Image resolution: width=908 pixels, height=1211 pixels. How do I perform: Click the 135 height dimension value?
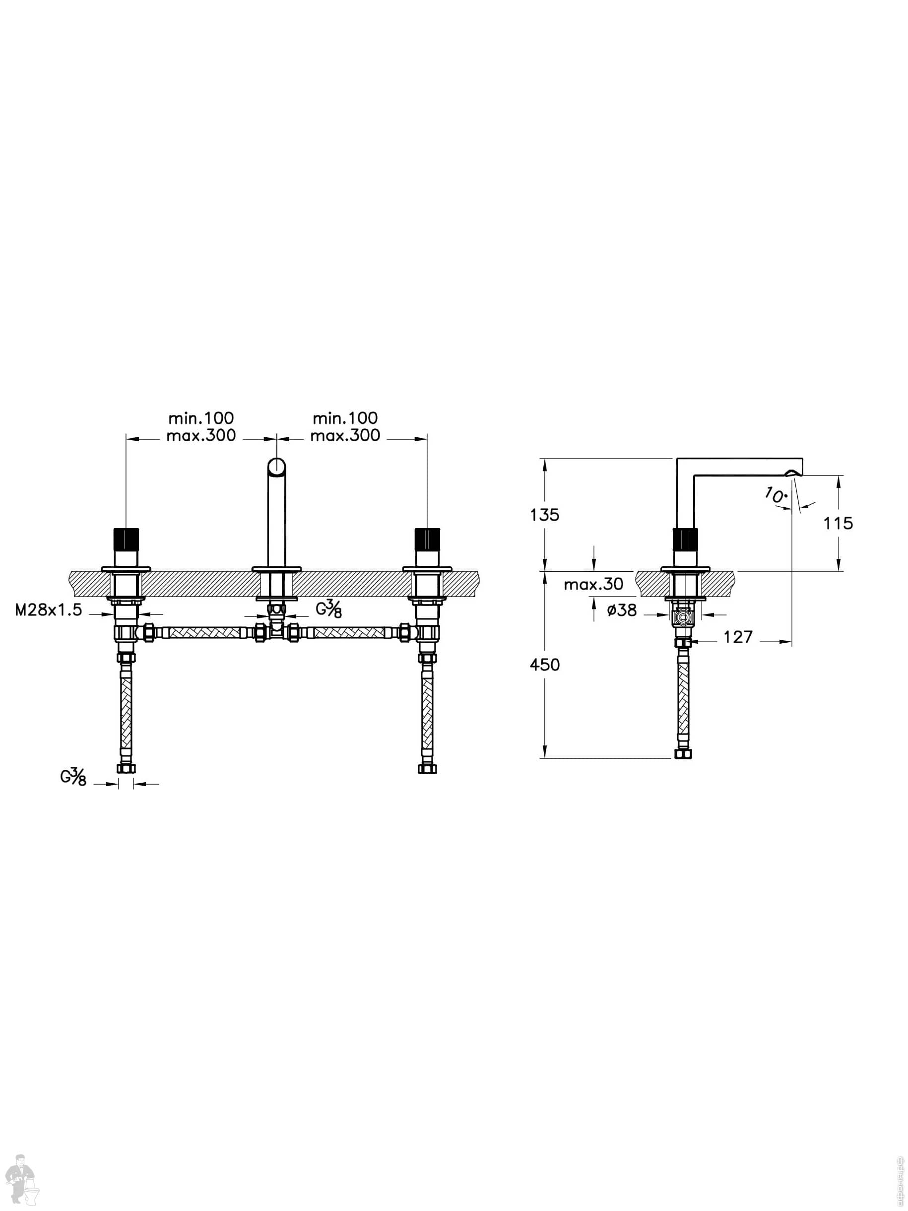click(545, 515)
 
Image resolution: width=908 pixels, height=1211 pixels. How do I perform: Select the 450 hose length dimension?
click(545, 665)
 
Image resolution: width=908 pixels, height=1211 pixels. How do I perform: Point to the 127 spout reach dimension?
click(738, 637)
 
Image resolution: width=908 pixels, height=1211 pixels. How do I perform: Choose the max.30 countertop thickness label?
click(593, 584)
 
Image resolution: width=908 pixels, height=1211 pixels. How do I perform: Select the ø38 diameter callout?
click(622, 610)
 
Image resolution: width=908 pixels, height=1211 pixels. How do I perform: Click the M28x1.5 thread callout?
click(48, 610)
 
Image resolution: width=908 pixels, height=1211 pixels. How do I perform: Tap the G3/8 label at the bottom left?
click(73, 776)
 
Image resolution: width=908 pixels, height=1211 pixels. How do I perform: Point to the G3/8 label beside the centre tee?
click(329, 609)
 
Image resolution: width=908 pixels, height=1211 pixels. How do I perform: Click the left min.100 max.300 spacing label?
click(201, 426)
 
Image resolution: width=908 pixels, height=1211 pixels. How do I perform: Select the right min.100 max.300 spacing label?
click(345, 426)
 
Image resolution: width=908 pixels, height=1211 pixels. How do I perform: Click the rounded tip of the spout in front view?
click(277, 467)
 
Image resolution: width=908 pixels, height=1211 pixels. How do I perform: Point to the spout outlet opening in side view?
click(791, 473)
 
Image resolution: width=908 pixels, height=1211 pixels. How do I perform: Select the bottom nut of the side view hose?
click(683, 754)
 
